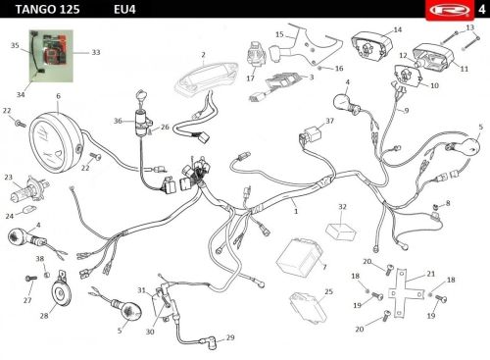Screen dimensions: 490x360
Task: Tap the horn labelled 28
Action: [61, 291]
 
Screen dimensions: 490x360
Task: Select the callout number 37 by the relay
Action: [329, 121]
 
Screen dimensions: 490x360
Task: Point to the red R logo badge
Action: [451, 10]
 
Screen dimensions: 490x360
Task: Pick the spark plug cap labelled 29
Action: [209, 341]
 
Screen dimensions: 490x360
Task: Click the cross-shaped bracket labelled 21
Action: [405, 293]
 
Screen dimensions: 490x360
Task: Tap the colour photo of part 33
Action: [51, 56]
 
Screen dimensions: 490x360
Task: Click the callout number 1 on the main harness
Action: [296, 211]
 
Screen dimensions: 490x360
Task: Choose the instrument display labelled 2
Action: [205, 77]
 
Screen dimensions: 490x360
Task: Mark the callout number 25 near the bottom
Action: [328, 291]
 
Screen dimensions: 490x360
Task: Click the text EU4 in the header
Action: [124, 9]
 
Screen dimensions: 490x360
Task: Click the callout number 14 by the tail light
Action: [397, 30]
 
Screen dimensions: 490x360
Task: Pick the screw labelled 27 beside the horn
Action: [31, 279]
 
